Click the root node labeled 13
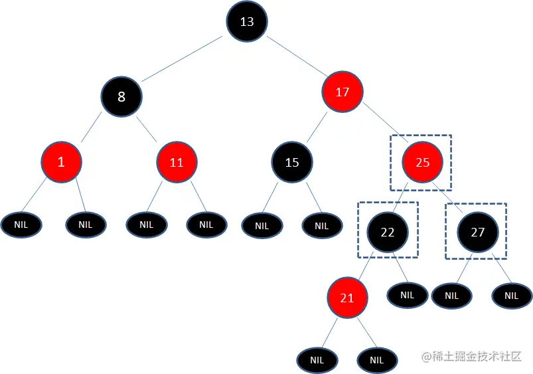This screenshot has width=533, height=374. (246, 21)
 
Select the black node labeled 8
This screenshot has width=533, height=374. (121, 97)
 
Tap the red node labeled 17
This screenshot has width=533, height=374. (343, 92)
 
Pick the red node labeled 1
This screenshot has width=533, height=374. (61, 161)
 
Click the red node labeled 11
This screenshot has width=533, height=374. (177, 161)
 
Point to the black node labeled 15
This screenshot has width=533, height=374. (292, 161)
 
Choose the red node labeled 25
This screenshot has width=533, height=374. (422, 161)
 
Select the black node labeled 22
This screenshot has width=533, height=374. (388, 232)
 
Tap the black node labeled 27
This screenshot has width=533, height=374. (478, 232)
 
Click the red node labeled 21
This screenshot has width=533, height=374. (347, 298)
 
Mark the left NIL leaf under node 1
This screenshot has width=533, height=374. (21, 225)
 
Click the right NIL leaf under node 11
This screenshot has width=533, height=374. (206, 225)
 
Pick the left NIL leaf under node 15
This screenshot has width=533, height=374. (262, 226)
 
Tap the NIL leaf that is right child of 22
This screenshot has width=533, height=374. (407, 295)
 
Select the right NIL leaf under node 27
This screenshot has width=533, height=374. (511, 296)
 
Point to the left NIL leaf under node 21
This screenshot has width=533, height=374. (317, 360)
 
